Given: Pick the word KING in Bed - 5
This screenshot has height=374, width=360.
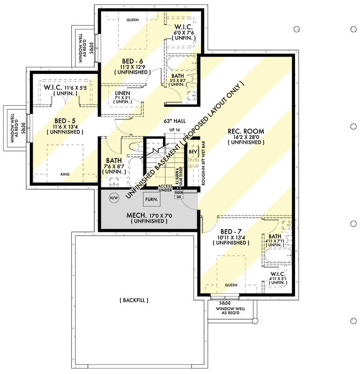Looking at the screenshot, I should point(65,174).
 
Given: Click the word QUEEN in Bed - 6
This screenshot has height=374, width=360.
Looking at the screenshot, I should point(133,20).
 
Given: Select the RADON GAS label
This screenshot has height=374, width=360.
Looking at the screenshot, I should point(178,194).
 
